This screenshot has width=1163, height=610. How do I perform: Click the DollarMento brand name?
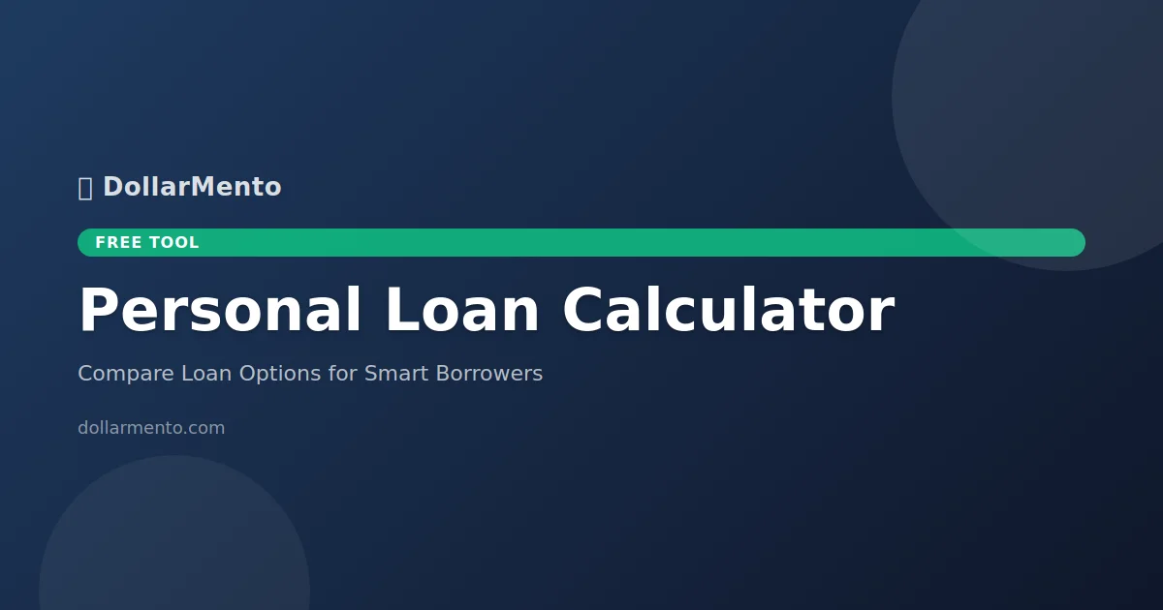pos(192,187)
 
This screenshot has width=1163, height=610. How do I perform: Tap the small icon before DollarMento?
pos(85,188)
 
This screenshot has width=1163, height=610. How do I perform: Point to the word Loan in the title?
pos(461,312)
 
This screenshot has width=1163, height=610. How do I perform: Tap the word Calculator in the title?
pos(727,312)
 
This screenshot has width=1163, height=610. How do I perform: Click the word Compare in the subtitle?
pos(126,374)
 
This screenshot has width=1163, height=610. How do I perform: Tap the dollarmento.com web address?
pos(151,428)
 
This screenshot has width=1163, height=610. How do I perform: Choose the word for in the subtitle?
pos(343,374)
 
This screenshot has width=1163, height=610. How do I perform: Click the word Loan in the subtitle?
pos(203,374)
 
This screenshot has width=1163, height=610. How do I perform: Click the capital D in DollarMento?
pos(112,187)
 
